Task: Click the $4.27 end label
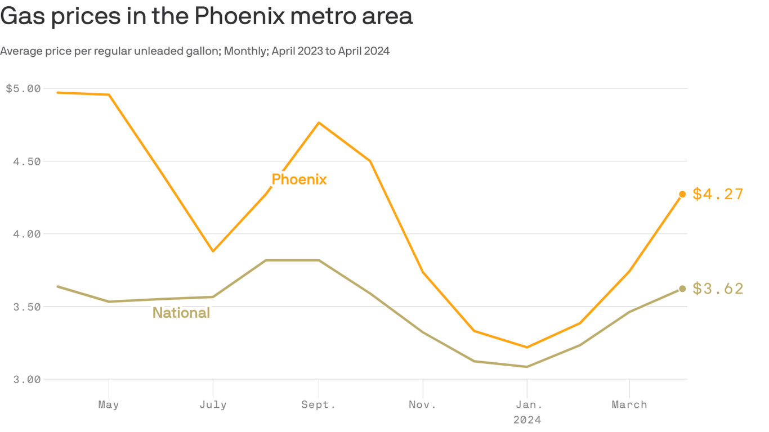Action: (718, 194)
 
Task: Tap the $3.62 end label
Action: (718, 289)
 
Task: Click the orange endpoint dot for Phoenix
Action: (682, 194)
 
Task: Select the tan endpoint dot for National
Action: (682, 289)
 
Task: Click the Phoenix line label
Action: (299, 179)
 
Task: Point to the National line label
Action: (181, 313)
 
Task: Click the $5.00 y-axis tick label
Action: (23, 88)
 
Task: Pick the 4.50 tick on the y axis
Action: (27, 161)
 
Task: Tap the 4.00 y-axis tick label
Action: (27, 234)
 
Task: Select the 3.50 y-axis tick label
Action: (27, 307)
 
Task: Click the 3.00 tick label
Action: (27, 379)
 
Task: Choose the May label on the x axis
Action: (109, 404)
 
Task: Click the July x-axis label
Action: (213, 404)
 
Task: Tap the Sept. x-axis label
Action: (319, 404)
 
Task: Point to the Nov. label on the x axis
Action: (423, 404)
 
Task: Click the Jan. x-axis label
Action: (527, 404)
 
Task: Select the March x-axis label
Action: (629, 404)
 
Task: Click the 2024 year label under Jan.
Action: (527, 420)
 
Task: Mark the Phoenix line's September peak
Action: (319, 123)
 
